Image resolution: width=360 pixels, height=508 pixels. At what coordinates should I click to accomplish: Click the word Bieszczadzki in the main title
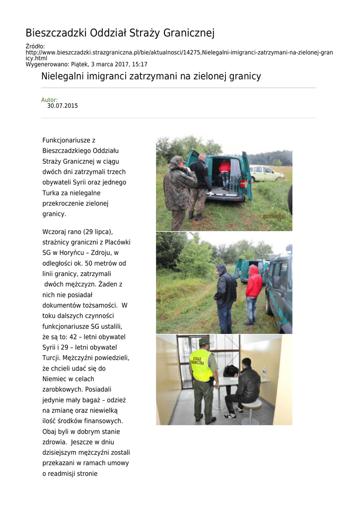(x=56, y=33)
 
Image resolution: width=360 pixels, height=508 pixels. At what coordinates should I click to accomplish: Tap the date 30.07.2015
(x=63, y=106)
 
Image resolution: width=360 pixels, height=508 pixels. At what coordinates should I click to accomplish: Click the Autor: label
(x=49, y=100)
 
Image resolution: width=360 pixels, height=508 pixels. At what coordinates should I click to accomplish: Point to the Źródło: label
(x=35, y=46)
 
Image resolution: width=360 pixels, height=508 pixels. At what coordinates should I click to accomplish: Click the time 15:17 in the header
(x=140, y=64)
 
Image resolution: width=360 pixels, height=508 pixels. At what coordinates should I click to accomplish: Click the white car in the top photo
(x=266, y=173)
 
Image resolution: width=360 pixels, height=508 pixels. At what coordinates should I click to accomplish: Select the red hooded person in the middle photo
(x=253, y=293)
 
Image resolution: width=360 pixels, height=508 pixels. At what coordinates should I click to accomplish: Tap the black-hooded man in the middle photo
(x=225, y=295)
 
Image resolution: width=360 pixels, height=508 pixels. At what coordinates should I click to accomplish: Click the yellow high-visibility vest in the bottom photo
(x=202, y=365)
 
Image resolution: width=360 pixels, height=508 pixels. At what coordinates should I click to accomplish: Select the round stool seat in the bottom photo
(x=251, y=404)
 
